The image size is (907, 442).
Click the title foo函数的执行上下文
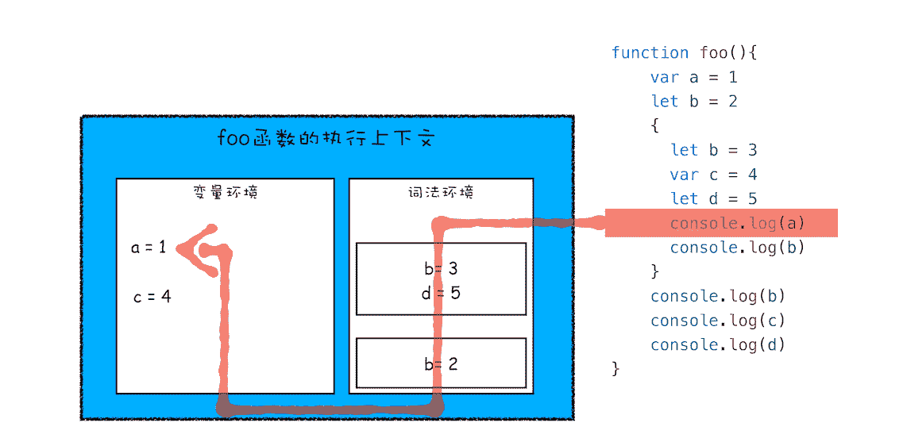click(x=326, y=139)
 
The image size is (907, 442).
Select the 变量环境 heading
click(x=225, y=192)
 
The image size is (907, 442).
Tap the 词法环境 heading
click(x=441, y=192)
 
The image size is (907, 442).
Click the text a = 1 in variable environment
click(x=149, y=248)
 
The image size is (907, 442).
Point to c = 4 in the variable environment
click(x=152, y=298)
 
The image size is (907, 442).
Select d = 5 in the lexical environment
click(x=441, y=293)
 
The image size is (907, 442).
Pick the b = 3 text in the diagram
click(x=441, y=268)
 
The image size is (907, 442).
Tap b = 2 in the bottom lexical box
click(x=441, y=364)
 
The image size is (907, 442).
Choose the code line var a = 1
click(x=693, y=77)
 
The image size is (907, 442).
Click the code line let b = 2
click(x=693, y=102)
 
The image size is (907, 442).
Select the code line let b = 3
click(x=713, y=150)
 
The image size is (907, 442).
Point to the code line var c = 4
click(x=713, y=175)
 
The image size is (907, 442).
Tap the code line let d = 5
click(x=713, y=198)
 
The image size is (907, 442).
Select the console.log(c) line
click(x=717, y=321)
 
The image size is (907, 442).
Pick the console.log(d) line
click(x=717, y=344)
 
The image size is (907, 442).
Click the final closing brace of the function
click(x=616, y=368)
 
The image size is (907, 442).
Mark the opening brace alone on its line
click(x=654, y=125)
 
